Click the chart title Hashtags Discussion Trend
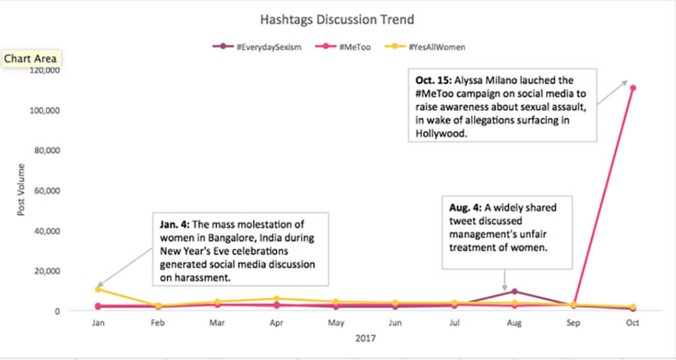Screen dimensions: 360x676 pyautogui.click(x=337, y=19)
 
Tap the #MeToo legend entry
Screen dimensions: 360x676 pyautogui.click(x=356, y=47)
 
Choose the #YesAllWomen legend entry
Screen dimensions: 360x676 pyautogui.click(x=435, y=47)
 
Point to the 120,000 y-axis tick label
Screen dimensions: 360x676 pyautogui.click(x=45, y=70)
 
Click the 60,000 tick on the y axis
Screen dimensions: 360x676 pyautogui.click(x=47, y=190)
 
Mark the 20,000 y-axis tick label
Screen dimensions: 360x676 pyautogui.click(x=47, y=271)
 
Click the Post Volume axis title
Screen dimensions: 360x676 pyautogui.click(x=21, y=190)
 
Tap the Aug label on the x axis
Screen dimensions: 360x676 pyautogui.click(x=514, y=324)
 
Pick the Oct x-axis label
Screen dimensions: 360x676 pyautogui.click(x=632, y=324)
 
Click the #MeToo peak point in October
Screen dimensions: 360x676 pyautogui.click(x=632, y=88)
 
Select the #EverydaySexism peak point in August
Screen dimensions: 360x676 pyautogui.click(x=514, y=291)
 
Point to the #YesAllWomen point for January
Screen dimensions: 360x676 pyautogui.click(x=98, y=289)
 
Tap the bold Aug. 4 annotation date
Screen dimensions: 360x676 pyautogui.click(x=467, y=208)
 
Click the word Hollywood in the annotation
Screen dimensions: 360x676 pyautogui.click(x=440, y=133)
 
